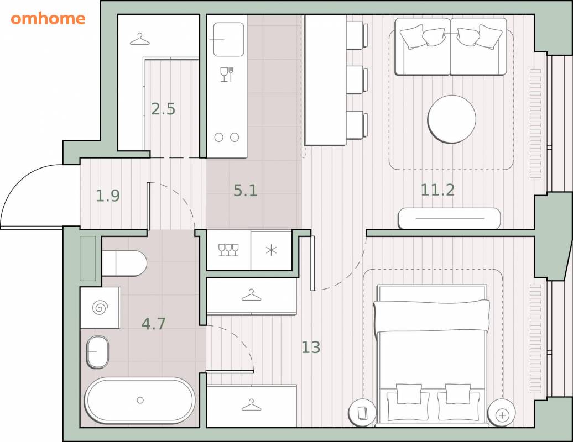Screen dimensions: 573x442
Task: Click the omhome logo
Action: pyautogui.click(x=48, y=19)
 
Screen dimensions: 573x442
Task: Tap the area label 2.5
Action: pyautogui.click(x=163, y=109)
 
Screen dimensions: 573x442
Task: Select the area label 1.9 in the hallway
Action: pyautogui.click(x=108, y=196)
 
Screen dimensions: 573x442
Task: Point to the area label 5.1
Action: pyautogui.click(x=245, y=191)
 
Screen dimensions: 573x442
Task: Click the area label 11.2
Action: pyautogui.click(x=437, y=190)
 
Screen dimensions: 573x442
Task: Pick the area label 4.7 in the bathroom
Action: pyautogui.click(x=154, y=323)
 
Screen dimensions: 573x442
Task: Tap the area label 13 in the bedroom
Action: pyautogui.click(x=311, y=347)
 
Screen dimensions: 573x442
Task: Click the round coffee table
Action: pyautogui.click(x=452, y=119)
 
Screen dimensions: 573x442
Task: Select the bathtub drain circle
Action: pyautogui.click(x=140, y=401)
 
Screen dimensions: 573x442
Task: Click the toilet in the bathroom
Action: pyautogui.click(x=124, y=263)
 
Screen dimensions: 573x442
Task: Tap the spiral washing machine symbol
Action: pyautogui.click(x=100, y=308)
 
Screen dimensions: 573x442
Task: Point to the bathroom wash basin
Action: pyautogui.click(x=97, y=352)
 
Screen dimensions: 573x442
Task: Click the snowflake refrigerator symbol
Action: pyautogui.click(x=271, y=250)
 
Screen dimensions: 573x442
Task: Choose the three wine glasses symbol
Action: pyautogui.click(x=228, y=250)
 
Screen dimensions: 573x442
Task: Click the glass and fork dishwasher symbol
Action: pyautogui.click(x=227, y=75)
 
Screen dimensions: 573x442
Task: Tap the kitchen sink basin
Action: pyautogui.click(x=228, y=39)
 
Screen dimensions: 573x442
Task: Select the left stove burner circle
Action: pyautogui.click(x=218, y=138)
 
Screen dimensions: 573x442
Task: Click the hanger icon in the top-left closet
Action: pyautogui.click(x=140, y=39)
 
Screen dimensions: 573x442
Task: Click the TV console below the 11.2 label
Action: pyautogui.click(x=449, y=218)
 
